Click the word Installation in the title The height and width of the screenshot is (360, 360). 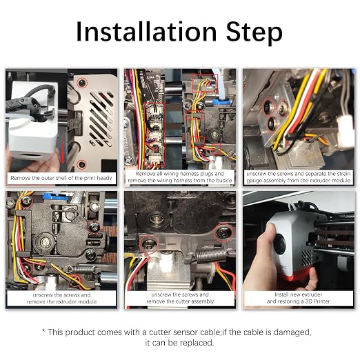146,32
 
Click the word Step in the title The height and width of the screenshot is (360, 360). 254,34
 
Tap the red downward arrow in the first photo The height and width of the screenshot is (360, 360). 63,148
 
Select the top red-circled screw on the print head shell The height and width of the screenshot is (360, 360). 82,83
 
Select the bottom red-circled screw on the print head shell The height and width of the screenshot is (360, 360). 81,164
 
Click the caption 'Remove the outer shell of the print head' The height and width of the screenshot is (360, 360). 61,178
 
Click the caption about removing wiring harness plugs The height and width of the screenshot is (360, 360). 180,177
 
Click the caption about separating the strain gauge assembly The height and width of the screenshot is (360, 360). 299,177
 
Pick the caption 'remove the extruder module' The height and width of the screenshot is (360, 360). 61,301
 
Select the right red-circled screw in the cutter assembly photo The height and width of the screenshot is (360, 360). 223,232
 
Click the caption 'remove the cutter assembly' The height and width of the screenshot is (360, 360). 180,301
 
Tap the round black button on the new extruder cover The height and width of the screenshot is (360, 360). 279,244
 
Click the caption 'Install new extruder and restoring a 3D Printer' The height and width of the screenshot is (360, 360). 299,298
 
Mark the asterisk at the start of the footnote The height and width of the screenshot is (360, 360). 43,330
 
